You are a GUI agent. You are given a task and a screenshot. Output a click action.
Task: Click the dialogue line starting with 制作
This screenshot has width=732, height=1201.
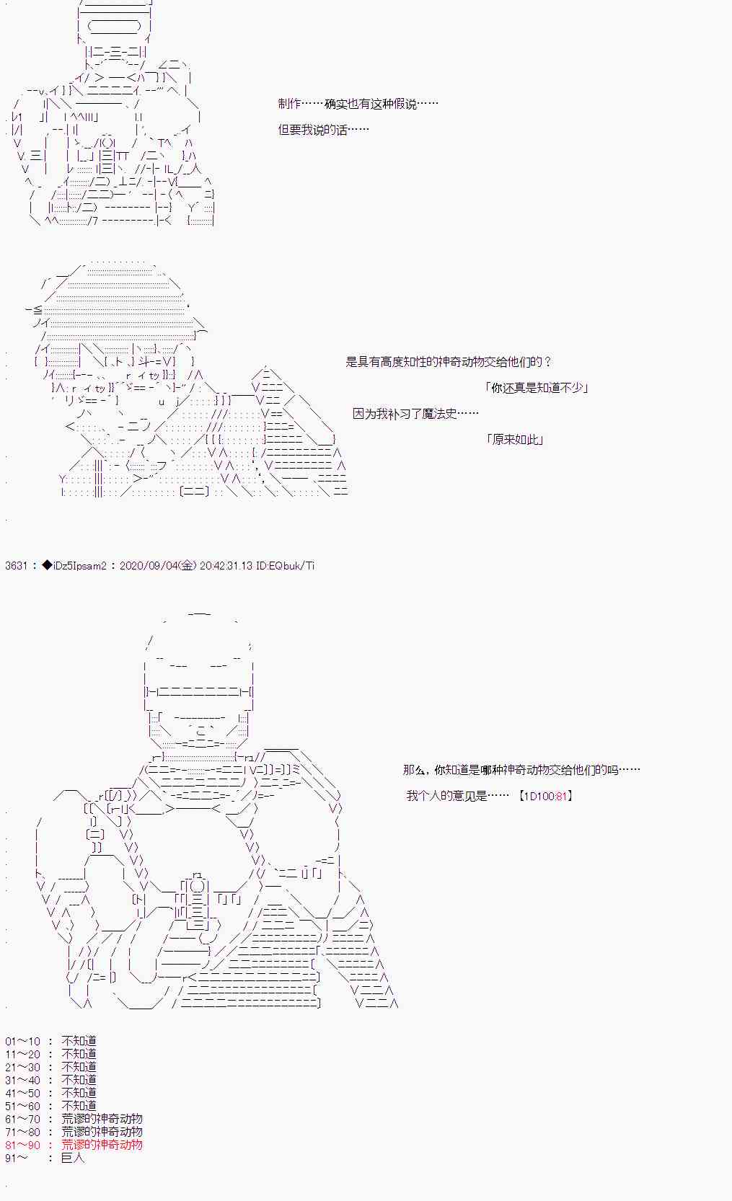pos(358,104)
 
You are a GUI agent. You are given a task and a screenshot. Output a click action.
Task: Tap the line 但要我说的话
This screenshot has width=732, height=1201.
pos(323,130)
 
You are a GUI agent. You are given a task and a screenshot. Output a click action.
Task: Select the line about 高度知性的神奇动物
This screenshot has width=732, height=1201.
pos(449,362)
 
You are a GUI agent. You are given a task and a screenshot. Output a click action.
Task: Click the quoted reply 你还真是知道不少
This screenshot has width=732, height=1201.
pos(537,388)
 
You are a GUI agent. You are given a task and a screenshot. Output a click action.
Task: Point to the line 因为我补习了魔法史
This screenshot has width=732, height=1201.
pos(415,414)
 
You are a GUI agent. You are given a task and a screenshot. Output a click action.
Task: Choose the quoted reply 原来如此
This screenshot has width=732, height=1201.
pos(515,440)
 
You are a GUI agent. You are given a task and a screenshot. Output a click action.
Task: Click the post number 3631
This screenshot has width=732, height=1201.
pos(16,566)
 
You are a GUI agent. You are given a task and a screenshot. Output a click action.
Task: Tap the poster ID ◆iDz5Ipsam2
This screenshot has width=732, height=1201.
pos(75,566)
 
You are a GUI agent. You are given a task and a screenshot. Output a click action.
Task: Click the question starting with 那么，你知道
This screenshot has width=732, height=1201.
pos(521,770)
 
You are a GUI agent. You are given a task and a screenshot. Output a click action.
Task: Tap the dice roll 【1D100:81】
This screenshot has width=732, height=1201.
pos(545,796)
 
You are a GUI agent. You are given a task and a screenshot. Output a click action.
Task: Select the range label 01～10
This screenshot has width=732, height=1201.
pos(23,1041)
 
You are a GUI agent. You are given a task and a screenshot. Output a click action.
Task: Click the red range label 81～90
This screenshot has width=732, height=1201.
pos(23,1145)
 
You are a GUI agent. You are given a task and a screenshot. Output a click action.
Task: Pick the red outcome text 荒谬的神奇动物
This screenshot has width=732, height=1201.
pos(102,1145)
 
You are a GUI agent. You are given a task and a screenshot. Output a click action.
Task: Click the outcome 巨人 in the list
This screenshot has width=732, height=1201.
pos(73,1158)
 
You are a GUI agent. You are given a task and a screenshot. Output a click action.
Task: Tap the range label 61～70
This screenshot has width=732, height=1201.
pos(23,1119)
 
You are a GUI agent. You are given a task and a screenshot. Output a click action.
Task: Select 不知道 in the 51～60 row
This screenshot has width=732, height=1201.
pos(79,1106)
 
